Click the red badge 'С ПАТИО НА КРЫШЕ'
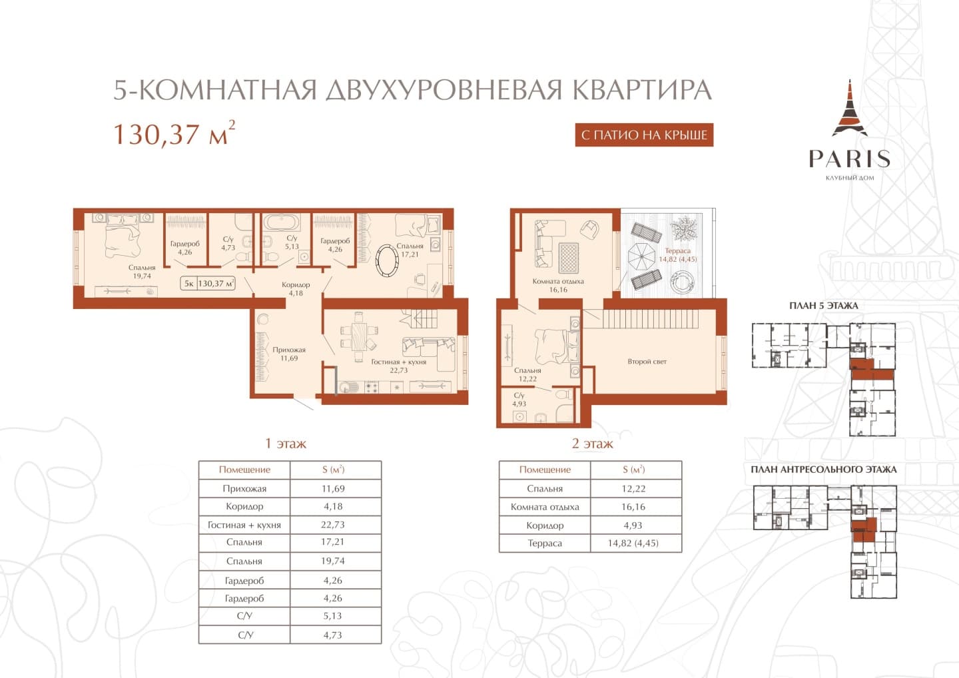click(x=644, y=135)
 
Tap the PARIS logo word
click(x=849, y=159)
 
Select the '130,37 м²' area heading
click(x=174, y=134)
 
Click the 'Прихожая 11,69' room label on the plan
click(x=289, y=354)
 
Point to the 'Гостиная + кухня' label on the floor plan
click(x=398, y=362)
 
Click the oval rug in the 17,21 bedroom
click(x=387, y=261)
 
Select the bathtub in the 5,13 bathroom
click(x=281, y=223)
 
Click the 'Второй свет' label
click(x=647, y=362)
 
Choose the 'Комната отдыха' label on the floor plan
click(x=558, y=282)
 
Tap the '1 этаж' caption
click(x=286, y=444)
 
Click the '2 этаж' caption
click(x=592, y=444)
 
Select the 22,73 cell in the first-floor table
click(x=333, y=525)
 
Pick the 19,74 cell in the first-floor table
click(x=333, y=561)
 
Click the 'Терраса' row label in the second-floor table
click(x=545, y=543)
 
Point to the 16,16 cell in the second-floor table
click(x=633, y=507)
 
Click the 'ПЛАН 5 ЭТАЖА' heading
click(x=824, y=306)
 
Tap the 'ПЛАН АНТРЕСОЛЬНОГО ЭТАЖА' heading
click(x=824, y=470)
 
